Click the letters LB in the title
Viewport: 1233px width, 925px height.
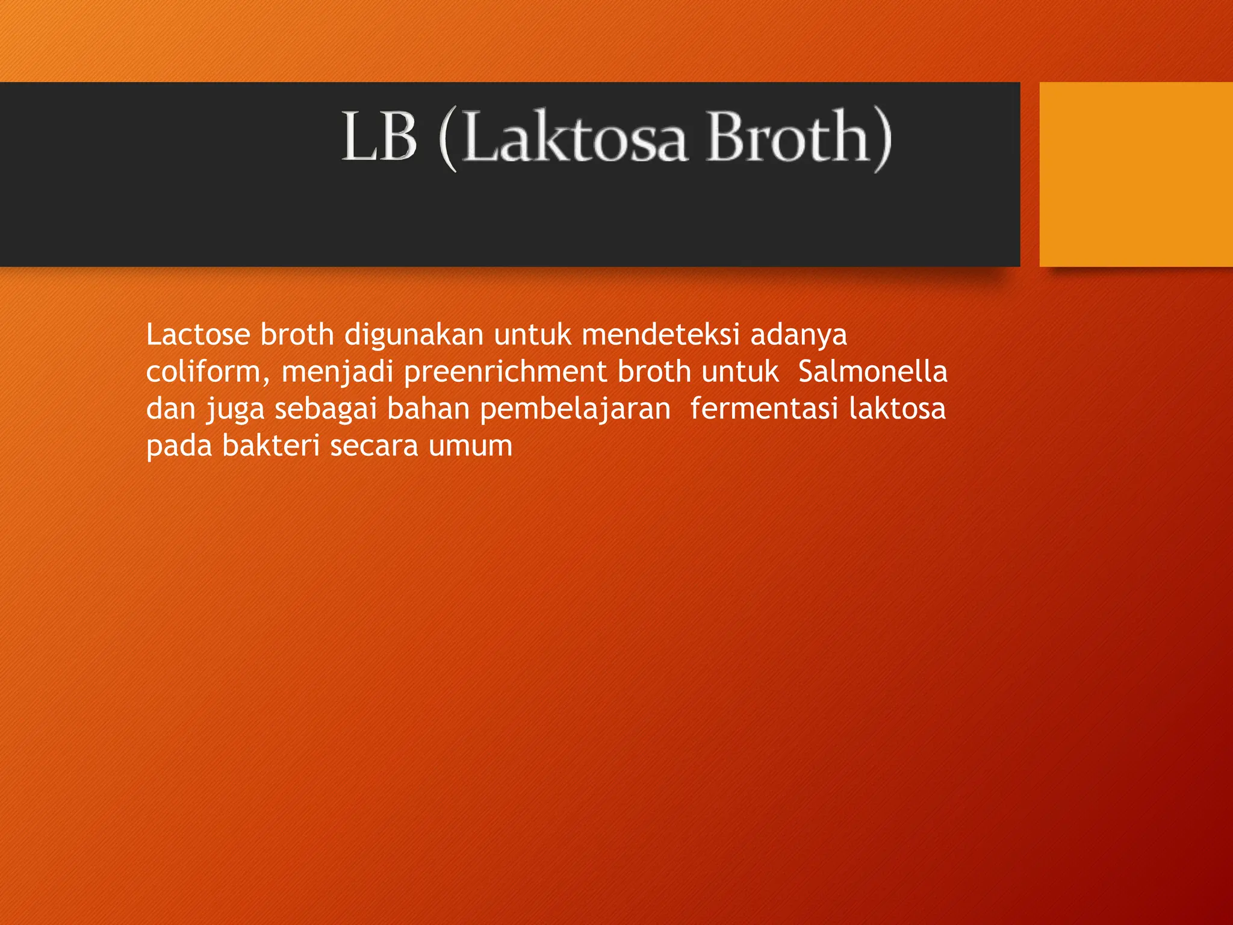click(379, 137)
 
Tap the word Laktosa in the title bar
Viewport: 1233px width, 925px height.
click(575, 138)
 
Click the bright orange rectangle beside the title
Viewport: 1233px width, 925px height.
click(1135, 174)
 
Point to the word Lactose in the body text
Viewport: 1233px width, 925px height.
click(197, 334)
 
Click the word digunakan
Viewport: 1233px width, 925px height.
click(414, 335)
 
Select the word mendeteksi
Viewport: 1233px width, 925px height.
click(660, 334)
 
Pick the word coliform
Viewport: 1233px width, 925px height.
click(203, 372)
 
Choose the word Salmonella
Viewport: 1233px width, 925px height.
click(872, 372)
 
